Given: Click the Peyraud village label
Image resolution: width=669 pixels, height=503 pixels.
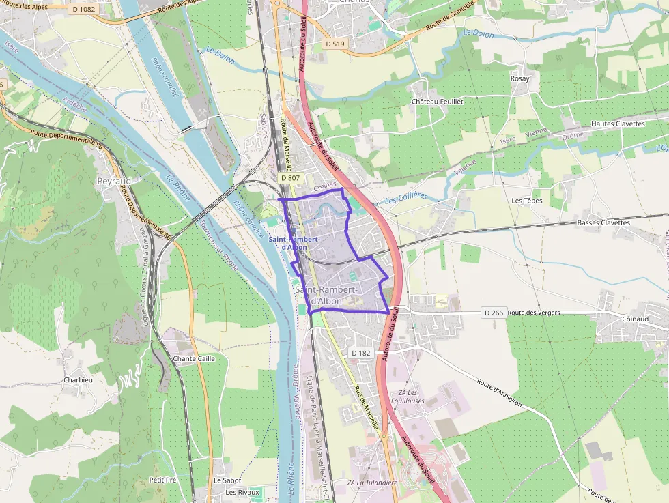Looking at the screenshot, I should [x=113, y=182].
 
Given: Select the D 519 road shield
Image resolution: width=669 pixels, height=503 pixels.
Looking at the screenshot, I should [x=335, y=44].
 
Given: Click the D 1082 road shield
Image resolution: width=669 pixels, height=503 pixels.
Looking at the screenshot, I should [x=83, y=9].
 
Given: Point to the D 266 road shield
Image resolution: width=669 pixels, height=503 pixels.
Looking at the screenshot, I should [x=494, y=313].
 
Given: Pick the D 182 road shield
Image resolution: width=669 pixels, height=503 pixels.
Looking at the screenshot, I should [x=360, y=353].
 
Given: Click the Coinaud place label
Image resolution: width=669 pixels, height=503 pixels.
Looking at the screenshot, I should [x=635, y=319].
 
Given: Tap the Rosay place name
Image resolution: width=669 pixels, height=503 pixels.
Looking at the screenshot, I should [x=519, y=79].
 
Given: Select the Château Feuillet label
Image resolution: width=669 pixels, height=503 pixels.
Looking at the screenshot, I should [x=437, y=101].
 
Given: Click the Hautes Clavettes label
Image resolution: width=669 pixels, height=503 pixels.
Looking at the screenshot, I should [x=618, y=124].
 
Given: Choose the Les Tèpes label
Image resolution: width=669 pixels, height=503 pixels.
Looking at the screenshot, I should [x=526, y=201].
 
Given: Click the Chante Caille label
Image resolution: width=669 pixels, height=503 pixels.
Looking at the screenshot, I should [x=194, y=358].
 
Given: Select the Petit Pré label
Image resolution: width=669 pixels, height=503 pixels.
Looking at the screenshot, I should [x=162, y=480].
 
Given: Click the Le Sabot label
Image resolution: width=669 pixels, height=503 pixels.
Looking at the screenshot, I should [x=227, y=480].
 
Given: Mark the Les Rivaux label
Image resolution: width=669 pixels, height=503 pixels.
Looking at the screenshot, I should [x=242, y=492].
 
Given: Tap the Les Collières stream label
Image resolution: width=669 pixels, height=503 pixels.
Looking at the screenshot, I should [x=405, y=198].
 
